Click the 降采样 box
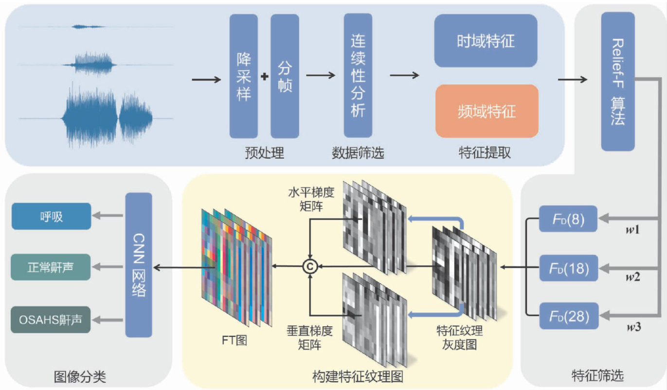243,76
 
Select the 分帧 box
285,76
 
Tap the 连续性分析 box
358,75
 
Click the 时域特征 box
486,40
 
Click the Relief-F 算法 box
617,81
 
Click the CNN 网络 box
139,265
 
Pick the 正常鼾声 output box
51,267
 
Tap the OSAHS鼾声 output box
51,319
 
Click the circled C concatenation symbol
309,266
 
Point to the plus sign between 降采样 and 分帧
265,77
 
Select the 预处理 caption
264,153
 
